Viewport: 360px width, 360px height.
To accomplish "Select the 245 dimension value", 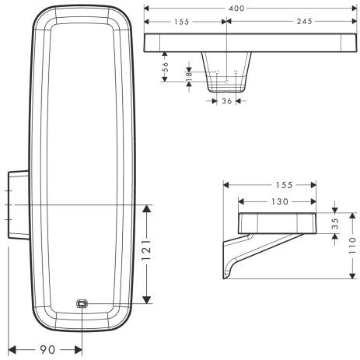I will (299, 23).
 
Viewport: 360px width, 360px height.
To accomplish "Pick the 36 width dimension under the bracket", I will (226, 100).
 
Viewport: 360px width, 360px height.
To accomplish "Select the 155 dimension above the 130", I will (283, 185).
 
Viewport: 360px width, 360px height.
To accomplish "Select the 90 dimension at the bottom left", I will (48, 350).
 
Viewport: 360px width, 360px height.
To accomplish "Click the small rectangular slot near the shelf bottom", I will (82, 304).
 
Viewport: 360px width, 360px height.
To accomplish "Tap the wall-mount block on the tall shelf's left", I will (16, 203).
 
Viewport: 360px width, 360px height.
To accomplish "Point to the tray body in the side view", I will (277, 222).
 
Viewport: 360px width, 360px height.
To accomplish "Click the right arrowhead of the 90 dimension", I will (81, 350).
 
